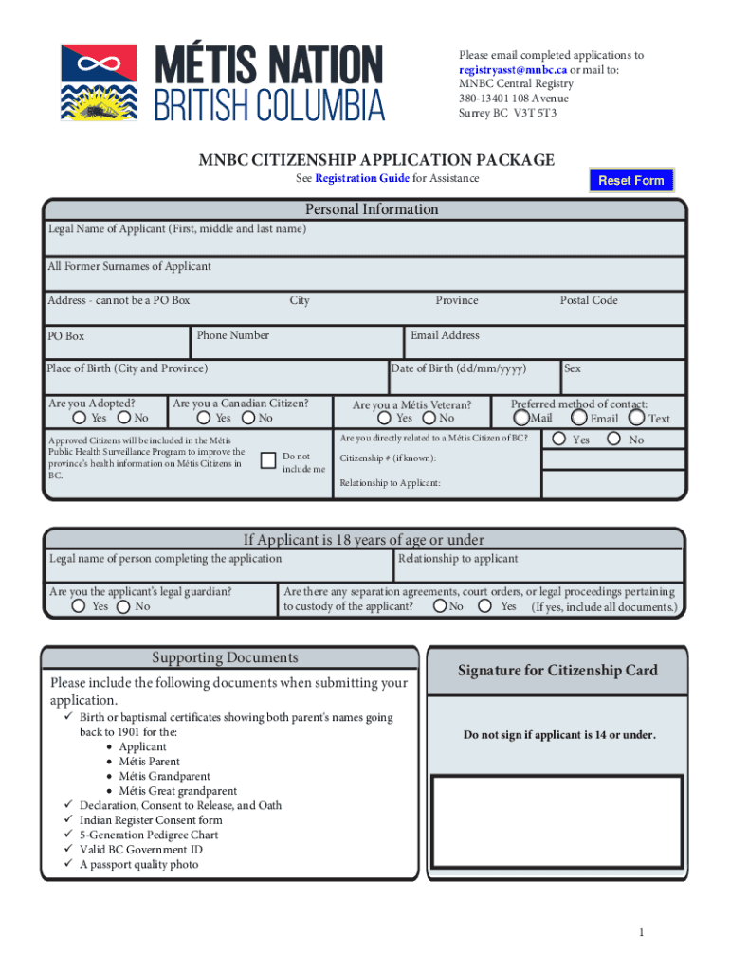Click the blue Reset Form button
(630, 180)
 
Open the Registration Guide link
(362, 178)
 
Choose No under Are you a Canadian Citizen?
(248, 418)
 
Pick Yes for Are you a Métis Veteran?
(384, 418)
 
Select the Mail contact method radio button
(522, 417)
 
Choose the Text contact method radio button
(637, 417)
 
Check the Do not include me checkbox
(267, 461)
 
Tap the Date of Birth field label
(460, 368)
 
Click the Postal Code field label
(588, 300)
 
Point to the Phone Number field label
(233, 335)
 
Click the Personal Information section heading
(372, 209)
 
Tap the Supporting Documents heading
(225, 657)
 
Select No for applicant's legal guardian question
(123, 606)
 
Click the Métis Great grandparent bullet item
(177, 791)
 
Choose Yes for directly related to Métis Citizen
(559, 439)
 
